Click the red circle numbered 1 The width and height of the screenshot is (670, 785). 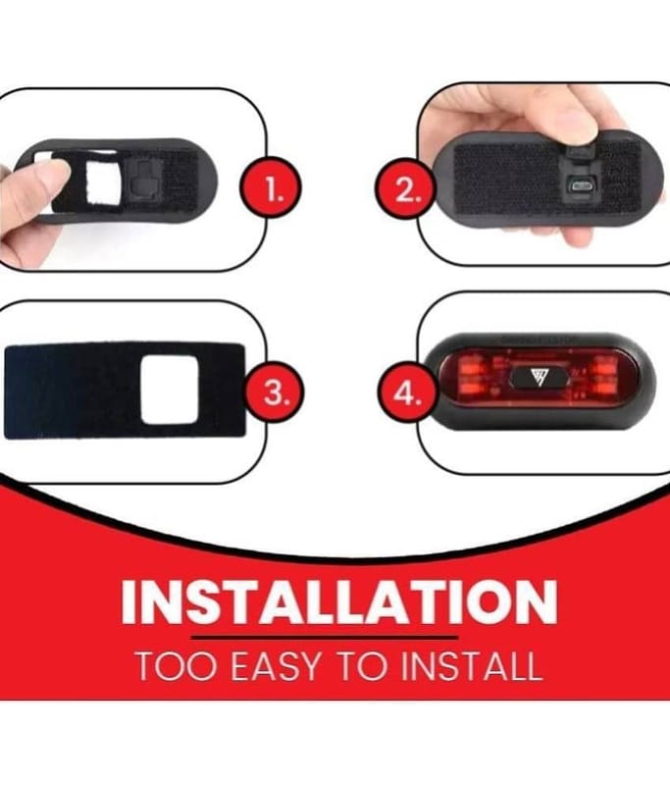click(x=271, y=189)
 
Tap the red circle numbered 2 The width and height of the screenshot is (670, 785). click(x=406, y=189)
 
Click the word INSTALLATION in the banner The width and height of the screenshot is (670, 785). click(x=339, y=602)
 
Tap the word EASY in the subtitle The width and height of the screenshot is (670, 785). click(x=276, y=667)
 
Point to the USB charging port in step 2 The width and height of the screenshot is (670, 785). click(x=581, y=186)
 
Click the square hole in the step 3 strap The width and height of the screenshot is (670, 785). click(x=170, y=389)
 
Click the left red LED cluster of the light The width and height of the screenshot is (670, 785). click(x=472, y=377)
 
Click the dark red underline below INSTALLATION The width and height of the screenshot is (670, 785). click(x=325, y=637)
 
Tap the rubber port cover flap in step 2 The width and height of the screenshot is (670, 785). click(x=582, y=154)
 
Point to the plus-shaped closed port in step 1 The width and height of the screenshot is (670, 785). click(x=142, y=183)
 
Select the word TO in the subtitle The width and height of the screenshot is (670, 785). click(x=360, y=667)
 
